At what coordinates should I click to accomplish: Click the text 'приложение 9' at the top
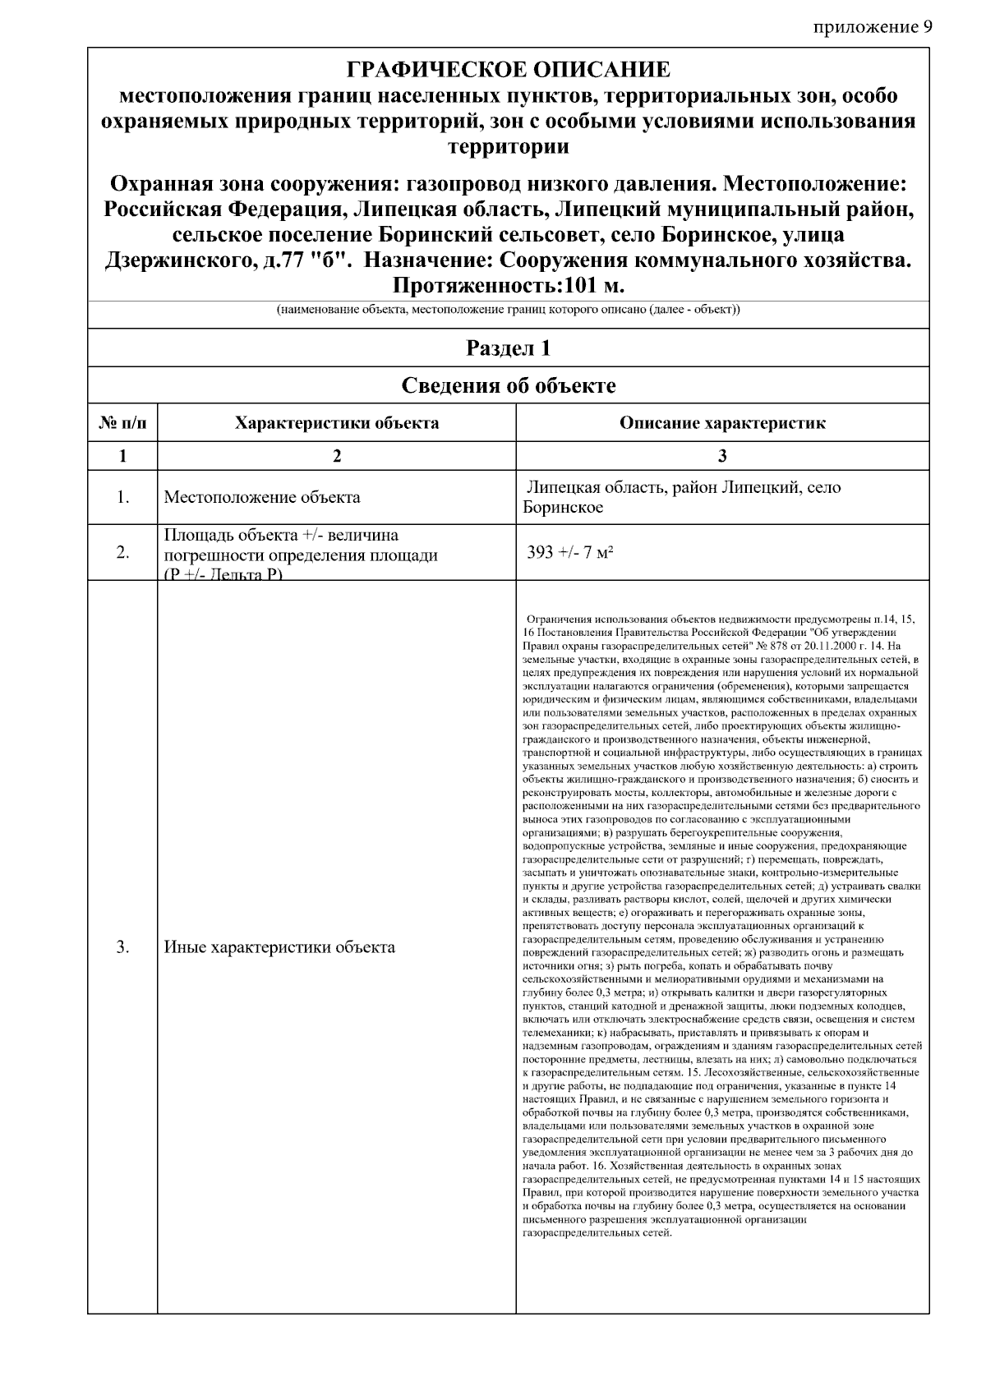pyautogui.click(x=873, y=28)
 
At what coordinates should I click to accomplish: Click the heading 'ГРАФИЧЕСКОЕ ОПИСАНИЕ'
pyautogui.click(x=508, y=69)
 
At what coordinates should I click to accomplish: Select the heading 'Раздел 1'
pyautogui.click(x=508, y=348)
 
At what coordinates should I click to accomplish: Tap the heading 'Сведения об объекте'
pyautogui.click(x=508, y=385)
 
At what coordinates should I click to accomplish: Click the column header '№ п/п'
pyautogui.click(x=122, y=424)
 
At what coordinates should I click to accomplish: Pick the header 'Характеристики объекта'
pyautogui.click(x=337, y=424)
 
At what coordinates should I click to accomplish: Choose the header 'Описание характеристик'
pyautogui.click(x=722, y=424)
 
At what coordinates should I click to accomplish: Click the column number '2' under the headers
pyautogui.click(x=337, y=457)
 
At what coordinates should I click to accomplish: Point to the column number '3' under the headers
pyautogui.click(x=722, y=457)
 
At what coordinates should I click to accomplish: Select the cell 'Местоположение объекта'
pyautogui.click(x=262, y=497)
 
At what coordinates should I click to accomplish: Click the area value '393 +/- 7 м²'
pyautogui.click(x=571, y=552)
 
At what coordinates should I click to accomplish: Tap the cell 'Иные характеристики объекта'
pyautogui.click(x=279, y=947)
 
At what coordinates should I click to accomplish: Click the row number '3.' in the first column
pyautogui.click(x=122, y=947)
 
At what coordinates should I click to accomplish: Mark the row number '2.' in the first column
pyautogui.click(x=122, y=552)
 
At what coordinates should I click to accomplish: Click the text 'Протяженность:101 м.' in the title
pyautogui.click(x=508, y=287)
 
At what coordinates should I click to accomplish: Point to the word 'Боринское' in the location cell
pyautogui.click(x=563, y=508)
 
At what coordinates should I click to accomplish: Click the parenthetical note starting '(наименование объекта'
pyautogui.click(x=508, y=311)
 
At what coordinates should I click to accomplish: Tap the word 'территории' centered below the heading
pyautogui.click(x=508, y=148)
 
